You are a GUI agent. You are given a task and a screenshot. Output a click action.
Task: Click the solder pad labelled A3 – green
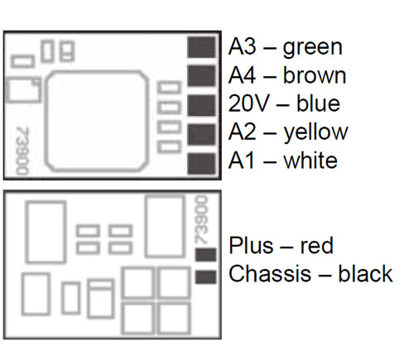[x=201, y=47]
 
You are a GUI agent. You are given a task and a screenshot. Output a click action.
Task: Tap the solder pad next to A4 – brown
[x=201, y=76]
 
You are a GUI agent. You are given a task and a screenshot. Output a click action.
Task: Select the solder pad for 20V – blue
[x=201, y=105]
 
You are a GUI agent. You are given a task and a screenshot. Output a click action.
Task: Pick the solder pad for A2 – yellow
[x=201, y=134]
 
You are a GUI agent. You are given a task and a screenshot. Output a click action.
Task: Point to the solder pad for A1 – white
[x=201, y=164]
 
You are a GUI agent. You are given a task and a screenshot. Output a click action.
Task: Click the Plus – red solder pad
[x=205, y=254]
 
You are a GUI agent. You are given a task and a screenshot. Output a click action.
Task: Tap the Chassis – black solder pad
[x=205, y=277]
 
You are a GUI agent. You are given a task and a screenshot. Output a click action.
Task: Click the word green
[x=313, y=49]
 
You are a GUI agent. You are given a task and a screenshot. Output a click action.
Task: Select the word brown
[x=315, y=75]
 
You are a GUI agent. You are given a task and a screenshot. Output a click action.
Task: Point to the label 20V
[x=248, y=103]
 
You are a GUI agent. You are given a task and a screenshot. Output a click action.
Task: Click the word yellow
[x=316, y=133]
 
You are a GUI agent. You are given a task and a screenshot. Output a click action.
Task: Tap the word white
[x=310, y=161]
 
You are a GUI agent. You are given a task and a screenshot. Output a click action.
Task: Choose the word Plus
[x=251, y=245]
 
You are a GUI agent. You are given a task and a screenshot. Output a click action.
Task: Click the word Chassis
[x=270, y=274]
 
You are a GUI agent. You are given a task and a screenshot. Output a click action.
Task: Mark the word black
[x=365, y=273]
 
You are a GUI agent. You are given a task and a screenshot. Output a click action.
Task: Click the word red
[x=317, y=246]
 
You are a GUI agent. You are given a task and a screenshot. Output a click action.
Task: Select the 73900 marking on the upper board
[x=22, y=151]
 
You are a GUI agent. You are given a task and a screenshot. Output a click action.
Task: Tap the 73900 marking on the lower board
[x=201, y=220]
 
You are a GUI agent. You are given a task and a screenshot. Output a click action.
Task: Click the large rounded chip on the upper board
[x=97, y=121]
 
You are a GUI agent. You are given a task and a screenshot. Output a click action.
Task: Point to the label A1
[x=242, y=161]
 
